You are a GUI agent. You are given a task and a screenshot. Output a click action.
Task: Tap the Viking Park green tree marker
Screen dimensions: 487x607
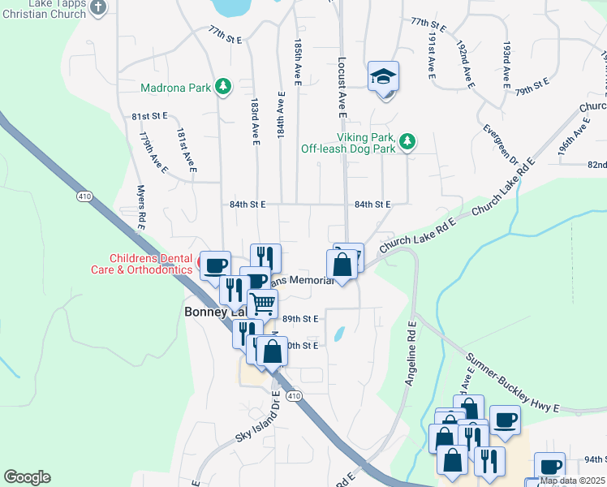click(x=407, y=143)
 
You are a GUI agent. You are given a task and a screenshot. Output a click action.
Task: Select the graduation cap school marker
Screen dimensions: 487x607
click(x=384, y=78)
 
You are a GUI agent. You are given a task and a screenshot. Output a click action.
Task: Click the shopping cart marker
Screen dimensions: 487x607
click(x=262, y=305)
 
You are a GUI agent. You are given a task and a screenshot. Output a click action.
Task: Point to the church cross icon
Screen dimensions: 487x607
click(x=97, y=7)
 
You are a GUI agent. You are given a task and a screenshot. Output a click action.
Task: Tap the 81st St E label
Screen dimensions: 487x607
click(x=149, y=116)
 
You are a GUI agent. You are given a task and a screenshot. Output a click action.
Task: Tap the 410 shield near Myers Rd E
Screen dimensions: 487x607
click(x=85, y=196)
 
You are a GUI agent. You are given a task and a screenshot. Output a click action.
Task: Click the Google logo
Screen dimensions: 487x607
click(x=27, y=477)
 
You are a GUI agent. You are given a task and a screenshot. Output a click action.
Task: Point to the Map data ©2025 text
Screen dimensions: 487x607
click(x=573, y=481)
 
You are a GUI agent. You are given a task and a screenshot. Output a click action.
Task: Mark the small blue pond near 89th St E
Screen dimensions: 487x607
click(x=339, y=334)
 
